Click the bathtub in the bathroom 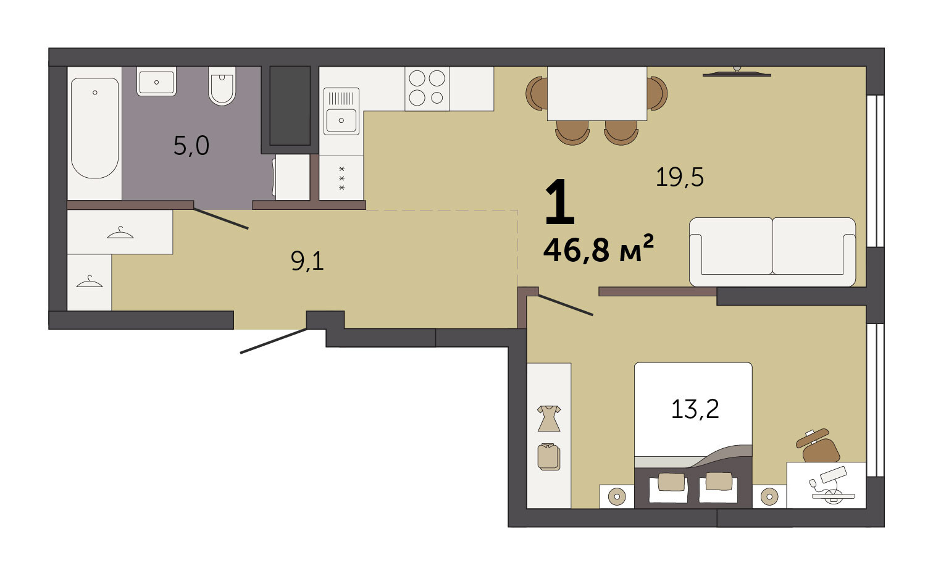tap(94, 128)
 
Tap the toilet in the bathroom tap(222, 86)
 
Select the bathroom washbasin tap(156, 81)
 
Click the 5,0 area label tap(191, 146)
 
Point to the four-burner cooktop tap(427, 89)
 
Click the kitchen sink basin tap(341, 120)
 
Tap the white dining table tap(597, 94)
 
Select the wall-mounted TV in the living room tap(737, 73)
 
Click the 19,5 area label tap(680, 177)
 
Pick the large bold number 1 tap(560, 201)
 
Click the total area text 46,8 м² tap(598, 249)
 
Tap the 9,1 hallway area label tap(308, 262)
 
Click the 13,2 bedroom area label tap(695, 409)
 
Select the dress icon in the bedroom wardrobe tap(549, 418)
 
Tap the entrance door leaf tap(274, 341)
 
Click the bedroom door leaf tap(566, 305)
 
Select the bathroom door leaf tap(221, 219)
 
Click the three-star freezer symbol tap(342, 178)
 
